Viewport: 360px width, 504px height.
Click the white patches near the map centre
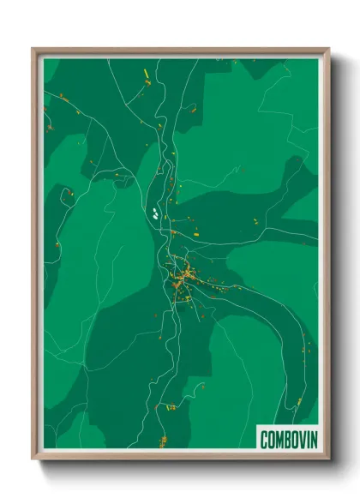(x=154, y=213)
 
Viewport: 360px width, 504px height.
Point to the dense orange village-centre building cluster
(x=182, y=278)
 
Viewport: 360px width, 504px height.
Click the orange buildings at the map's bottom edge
(x=163, y=441)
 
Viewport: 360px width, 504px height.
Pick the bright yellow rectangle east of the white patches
(x=195, y=231)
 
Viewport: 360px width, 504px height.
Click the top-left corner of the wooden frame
(x=33, y=49)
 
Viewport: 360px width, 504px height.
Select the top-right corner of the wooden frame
(x=328, y=49)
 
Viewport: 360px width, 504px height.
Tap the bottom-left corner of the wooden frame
(x=33, y=461)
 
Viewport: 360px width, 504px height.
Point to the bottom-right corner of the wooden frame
(x=328, y=461)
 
